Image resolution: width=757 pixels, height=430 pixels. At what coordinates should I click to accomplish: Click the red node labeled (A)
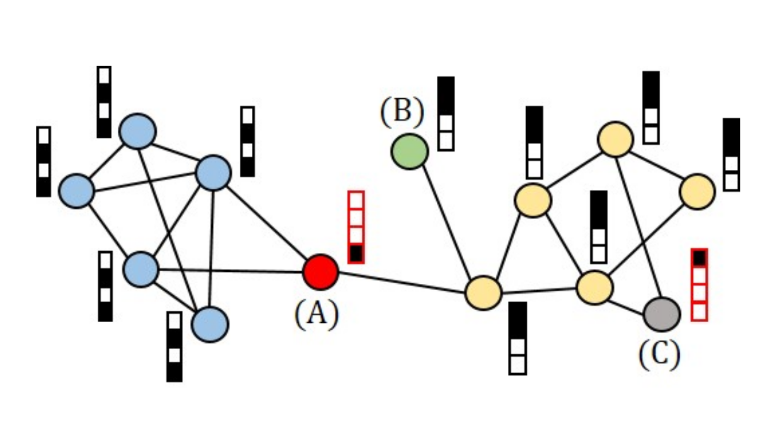(320, 272)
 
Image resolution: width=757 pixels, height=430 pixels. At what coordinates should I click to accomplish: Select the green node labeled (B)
(410, 151)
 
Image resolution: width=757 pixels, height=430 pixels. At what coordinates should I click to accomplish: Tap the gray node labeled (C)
(661, 314)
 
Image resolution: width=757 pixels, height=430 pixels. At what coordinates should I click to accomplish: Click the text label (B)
(402, 112)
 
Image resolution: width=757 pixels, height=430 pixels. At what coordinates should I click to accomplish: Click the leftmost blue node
(77, 190)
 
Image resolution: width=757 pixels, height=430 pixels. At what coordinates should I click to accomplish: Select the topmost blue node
(137, 131)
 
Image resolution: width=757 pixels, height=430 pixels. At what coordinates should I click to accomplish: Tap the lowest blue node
(210, 324)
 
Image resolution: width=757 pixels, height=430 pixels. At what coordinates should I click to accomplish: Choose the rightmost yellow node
(697, 192)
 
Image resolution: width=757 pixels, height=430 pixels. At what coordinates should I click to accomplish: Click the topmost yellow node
(615, 139)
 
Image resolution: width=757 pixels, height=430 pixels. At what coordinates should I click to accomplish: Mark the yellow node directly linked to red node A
(483, 293)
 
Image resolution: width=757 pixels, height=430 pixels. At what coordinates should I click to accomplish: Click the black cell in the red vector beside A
(356, 254)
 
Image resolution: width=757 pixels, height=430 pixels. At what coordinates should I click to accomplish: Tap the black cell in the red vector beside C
(699, 258)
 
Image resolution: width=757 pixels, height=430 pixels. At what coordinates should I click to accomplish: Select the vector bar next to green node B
(446, 114)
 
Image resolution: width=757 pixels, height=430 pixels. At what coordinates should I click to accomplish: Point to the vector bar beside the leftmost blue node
(44, 162)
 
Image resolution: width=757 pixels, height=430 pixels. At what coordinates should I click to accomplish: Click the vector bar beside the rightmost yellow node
(731, 154)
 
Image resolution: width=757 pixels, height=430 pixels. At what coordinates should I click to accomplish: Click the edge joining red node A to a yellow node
(402, 282)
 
